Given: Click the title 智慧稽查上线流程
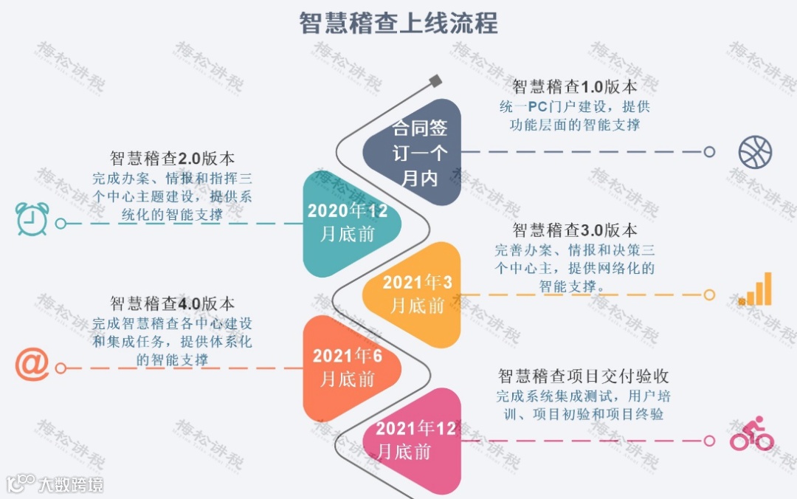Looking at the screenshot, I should pos(398,23).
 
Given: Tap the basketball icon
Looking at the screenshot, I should pos(755,151).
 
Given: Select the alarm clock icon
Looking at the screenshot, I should pos(32,219).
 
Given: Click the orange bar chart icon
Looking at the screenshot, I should pos(756,289).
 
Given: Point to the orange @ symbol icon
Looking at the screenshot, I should pos(32,365).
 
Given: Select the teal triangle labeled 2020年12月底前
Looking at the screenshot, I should pos(348,223).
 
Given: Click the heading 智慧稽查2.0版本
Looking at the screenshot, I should pos(173,158).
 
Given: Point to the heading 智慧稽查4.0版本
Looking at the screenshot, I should pos(173,303).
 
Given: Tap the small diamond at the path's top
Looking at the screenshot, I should pos(435,80).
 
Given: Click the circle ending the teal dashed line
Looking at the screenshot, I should pos(61,223).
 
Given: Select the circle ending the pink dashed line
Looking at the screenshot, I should pos(709,441).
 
